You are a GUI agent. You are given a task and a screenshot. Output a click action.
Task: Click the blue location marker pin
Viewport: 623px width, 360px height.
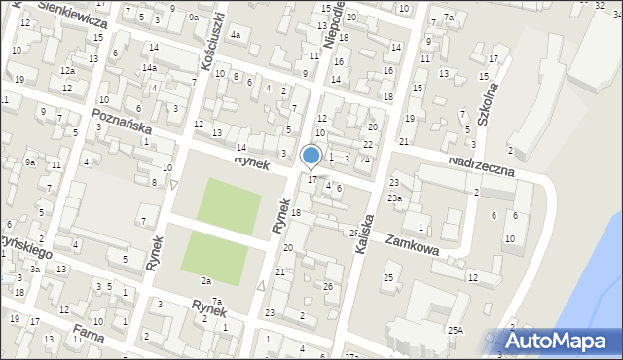(x=311, y=156)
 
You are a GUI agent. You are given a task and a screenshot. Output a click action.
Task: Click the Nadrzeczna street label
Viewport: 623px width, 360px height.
(x=494, y=165)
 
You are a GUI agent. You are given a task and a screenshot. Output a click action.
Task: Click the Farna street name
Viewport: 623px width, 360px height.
(x=87, y=341)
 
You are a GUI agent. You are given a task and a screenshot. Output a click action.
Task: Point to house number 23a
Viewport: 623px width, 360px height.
(x=394, y=198)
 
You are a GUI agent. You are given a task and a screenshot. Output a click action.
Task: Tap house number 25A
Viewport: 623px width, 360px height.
(x=455, y=331)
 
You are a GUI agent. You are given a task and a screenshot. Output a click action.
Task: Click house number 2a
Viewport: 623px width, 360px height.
(x=206, y=280)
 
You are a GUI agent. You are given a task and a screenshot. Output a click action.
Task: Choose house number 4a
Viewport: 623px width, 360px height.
(x=235, y=35)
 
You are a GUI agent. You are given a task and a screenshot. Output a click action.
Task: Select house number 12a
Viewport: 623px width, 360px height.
(x=66, y=71)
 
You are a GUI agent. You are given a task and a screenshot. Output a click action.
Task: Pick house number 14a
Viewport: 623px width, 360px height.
(x=149, y=68)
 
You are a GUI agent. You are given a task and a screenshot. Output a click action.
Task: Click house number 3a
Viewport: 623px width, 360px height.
(x=34, y=269)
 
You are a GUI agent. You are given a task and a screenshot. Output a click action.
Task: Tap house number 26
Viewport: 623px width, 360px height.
(x=328, y=286)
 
